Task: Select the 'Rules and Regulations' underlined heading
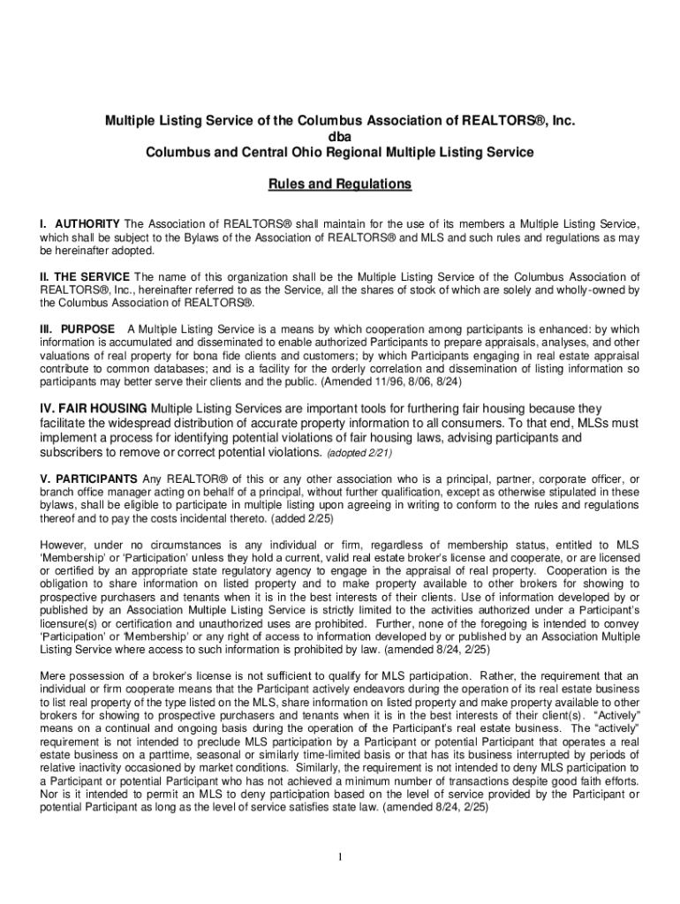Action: [340, 185]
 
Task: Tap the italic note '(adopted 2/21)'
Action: [359, 453]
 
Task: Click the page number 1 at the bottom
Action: [340, 857]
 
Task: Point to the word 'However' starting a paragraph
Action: [62, 545]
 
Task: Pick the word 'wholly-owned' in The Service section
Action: [593, 290]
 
